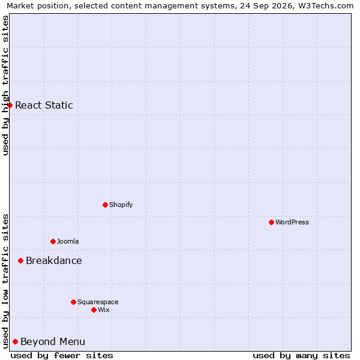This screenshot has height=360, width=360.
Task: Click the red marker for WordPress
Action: click(271, 222)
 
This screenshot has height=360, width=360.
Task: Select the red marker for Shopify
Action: click(105, 205)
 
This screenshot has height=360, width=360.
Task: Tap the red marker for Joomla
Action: click(53, 242)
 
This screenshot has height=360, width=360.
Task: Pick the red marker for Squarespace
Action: click(73, 302)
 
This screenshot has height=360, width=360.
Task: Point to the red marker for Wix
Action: click(94, 310)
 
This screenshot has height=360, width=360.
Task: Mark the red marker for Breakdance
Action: click(20, 260)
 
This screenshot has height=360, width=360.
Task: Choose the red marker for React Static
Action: click(10, 105)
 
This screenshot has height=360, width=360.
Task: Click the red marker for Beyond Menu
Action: click(16, 341)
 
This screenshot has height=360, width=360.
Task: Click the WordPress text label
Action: click(292, 222)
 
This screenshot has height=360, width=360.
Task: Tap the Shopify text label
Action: click(121, 205)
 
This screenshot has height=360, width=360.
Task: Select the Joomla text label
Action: click(68, 241)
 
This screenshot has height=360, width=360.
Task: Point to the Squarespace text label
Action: click(98, 302)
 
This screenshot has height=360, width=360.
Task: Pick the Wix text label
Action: click(104, 310)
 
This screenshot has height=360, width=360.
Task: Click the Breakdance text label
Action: click(54, 260)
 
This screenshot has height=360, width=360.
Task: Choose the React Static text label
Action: click(44, 105)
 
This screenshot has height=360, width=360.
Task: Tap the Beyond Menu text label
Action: click(53, 341)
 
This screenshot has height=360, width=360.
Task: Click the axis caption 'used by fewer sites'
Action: click(62, 356)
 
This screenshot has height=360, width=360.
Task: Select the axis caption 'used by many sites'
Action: click(301, 356)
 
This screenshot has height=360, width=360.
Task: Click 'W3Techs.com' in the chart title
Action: click(326, 5)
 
